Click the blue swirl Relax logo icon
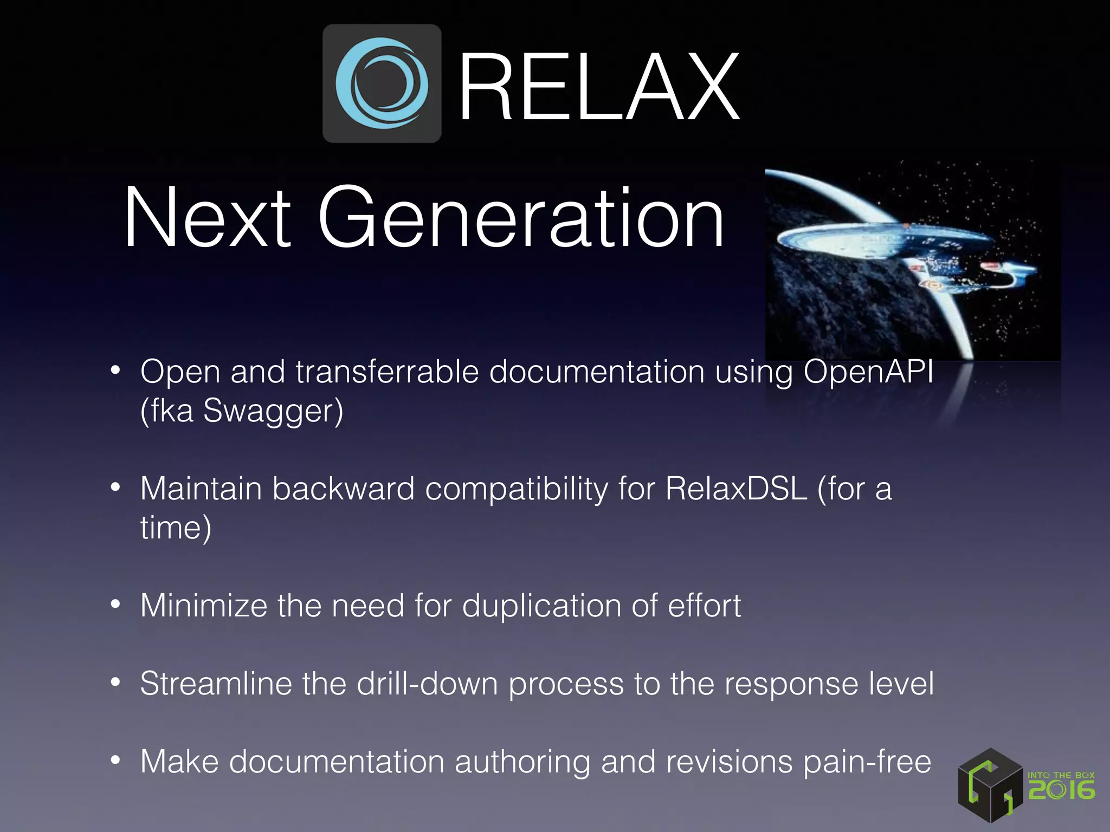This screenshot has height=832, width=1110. pyautogui.click(x=382, y=83)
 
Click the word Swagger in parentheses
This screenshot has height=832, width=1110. pyautogui.click(x=273, y=411)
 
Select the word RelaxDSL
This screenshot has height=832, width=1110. pyautogui.click(x=736, y=489)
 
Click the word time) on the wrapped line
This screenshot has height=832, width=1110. pyautogui.click(x=176, y=528)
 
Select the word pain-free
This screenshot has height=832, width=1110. pyautogui.click(x=867, y=762)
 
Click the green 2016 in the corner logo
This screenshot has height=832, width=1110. pyautogui.click(x=1061, y=790)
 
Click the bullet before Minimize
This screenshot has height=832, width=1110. pyautogui.click(x=115, y=604)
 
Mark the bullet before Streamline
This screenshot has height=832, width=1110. pyautogui.click(x=115, y=682)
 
